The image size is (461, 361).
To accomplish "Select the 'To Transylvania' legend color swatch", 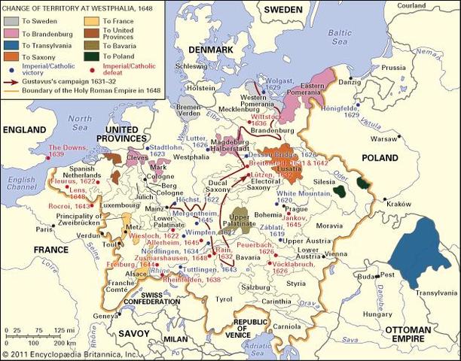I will [x=12, y=45].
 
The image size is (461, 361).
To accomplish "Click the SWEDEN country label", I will [x=283, y=9].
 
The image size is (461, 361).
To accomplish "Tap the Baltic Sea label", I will [x=343, y=38].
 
